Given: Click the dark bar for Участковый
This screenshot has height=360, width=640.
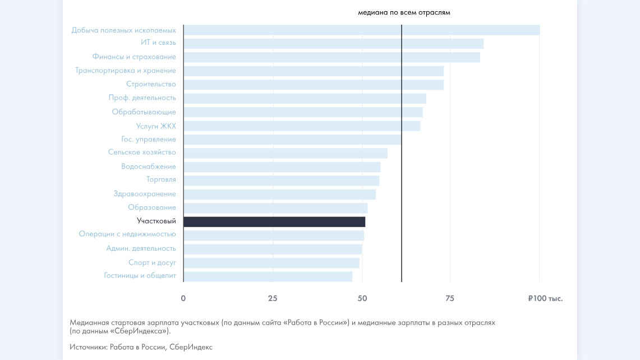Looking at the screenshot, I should [x=274, y=221].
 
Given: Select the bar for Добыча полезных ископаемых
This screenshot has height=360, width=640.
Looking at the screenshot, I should [x=361, y=30].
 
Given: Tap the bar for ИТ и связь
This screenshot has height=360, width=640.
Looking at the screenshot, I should [x=333, y=43].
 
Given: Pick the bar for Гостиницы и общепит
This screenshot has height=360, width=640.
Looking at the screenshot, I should [x=268, y=276].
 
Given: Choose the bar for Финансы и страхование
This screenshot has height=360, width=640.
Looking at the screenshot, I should [x=331, y=57].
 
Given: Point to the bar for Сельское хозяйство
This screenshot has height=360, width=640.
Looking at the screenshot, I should [x=286, y=153].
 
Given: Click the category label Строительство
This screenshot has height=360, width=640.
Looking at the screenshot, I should [x=151, y=84].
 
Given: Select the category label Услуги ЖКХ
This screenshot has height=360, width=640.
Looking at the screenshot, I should [x=156, y=126].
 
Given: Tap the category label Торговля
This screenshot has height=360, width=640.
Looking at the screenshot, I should [x=161, y=180].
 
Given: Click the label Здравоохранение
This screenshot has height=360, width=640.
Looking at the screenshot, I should [x=145, y=194].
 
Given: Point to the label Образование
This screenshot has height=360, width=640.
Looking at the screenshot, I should [x=151, y=207].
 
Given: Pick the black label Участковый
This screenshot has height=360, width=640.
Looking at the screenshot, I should [x=156, y=221].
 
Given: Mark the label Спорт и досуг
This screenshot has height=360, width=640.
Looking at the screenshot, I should [x=152, y=262].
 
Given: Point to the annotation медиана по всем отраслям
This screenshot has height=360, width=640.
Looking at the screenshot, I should [x=404, y=12].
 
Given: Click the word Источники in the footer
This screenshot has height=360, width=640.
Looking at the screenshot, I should [x=88, y=347].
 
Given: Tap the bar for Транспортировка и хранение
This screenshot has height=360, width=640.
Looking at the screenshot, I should [x=314, y=71].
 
